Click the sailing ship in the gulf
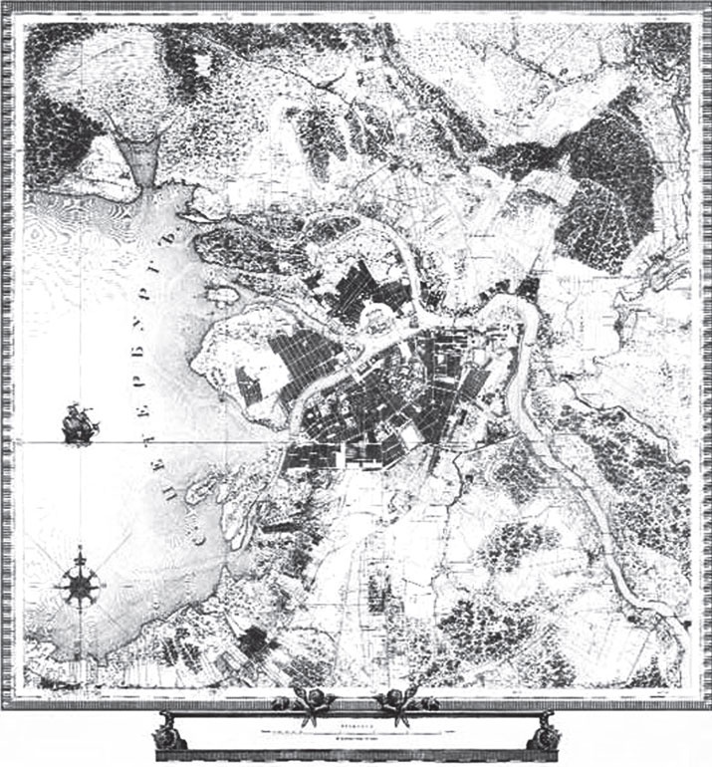tap(81, 423)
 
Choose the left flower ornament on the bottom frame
tap(304, 703)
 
